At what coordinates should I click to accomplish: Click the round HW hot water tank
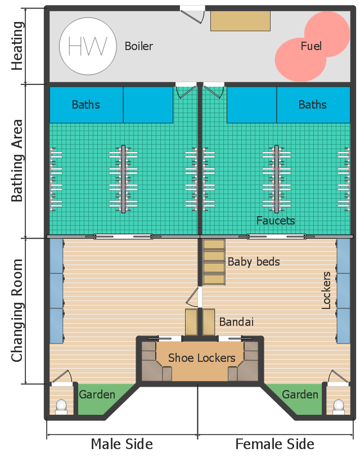coord(88,46)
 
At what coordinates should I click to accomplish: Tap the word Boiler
coord(138,46)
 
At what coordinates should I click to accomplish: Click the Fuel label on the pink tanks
coord(311,46)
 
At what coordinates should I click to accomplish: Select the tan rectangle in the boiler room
coord(240,21)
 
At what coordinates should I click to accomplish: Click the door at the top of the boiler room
coord(192,15)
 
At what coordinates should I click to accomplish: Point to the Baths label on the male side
coord(86,105)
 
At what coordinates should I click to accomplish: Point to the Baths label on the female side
coord(313,105)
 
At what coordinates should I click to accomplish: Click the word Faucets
coord(276,221)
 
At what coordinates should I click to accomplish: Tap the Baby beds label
coord(254,262)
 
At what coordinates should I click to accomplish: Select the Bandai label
coord(236,322)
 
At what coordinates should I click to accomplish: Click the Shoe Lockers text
coord(201,357)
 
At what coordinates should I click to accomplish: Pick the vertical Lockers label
coord(326,290)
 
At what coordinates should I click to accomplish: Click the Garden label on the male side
coord(97,395)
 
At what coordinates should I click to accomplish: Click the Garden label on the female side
coord(300,395)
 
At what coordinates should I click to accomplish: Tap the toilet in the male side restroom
coord(61,407)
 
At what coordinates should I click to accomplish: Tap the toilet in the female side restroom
coord(339,407)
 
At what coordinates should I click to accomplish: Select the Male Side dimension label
coord(121,444)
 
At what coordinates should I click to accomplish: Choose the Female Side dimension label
coord(274,444)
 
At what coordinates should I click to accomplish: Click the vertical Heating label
coord(17,46)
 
